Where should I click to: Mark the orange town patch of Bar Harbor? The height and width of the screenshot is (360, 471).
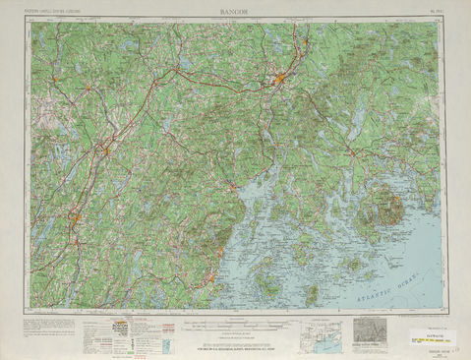[398, 197]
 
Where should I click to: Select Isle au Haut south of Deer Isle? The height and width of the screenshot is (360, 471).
[312, 291]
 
